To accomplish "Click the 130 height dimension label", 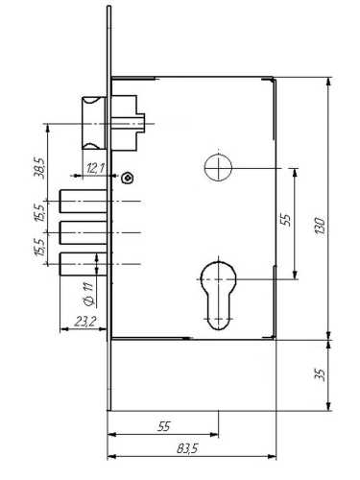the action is click(320, 226).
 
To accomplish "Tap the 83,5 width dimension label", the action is click(187, 448).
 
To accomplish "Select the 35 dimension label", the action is click(321, 374).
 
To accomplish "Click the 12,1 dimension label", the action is click(95, 168).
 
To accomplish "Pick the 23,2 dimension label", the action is click(85, 322).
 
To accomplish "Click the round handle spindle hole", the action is click(218, 167).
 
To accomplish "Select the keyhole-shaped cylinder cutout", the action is click(218, 296).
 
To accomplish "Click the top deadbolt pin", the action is click(84, 201).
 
